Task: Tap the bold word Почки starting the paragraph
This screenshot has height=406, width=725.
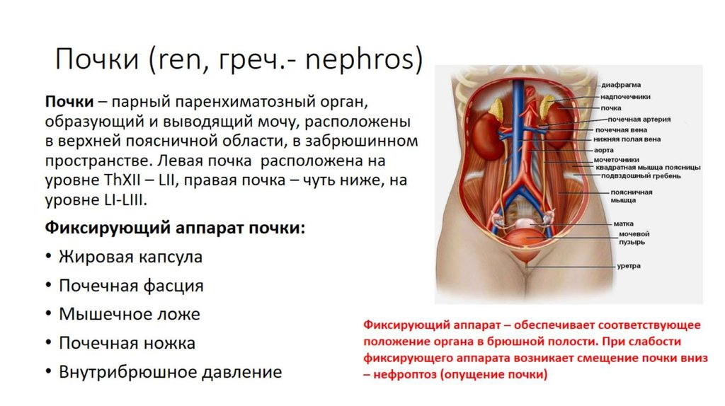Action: tap(69, 102)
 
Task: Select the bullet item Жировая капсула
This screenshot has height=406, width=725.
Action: tap(130, 257)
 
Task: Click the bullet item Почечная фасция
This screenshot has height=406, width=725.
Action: tap(131, 286)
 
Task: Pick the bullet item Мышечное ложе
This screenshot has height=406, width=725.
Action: tap(130, 315)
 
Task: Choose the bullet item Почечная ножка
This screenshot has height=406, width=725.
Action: tap(127, 343)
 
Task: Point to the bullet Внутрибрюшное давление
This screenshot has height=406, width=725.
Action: tap(170, 372)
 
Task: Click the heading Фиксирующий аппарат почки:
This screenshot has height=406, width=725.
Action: tap(176, 228)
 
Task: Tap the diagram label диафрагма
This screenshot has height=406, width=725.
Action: tap(621, 85)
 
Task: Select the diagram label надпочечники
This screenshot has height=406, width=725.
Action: tap(625, 96)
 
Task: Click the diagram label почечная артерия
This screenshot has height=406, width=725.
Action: tap(639, 119)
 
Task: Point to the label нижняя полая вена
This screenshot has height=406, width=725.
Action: tap(627, 139)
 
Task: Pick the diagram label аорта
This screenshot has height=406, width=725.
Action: tap(604, 150)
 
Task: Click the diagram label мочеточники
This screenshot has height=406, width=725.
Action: tap(617, 159)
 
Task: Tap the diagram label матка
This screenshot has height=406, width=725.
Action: tap(624, 224)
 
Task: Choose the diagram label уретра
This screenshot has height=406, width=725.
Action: tap(629, 266)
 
